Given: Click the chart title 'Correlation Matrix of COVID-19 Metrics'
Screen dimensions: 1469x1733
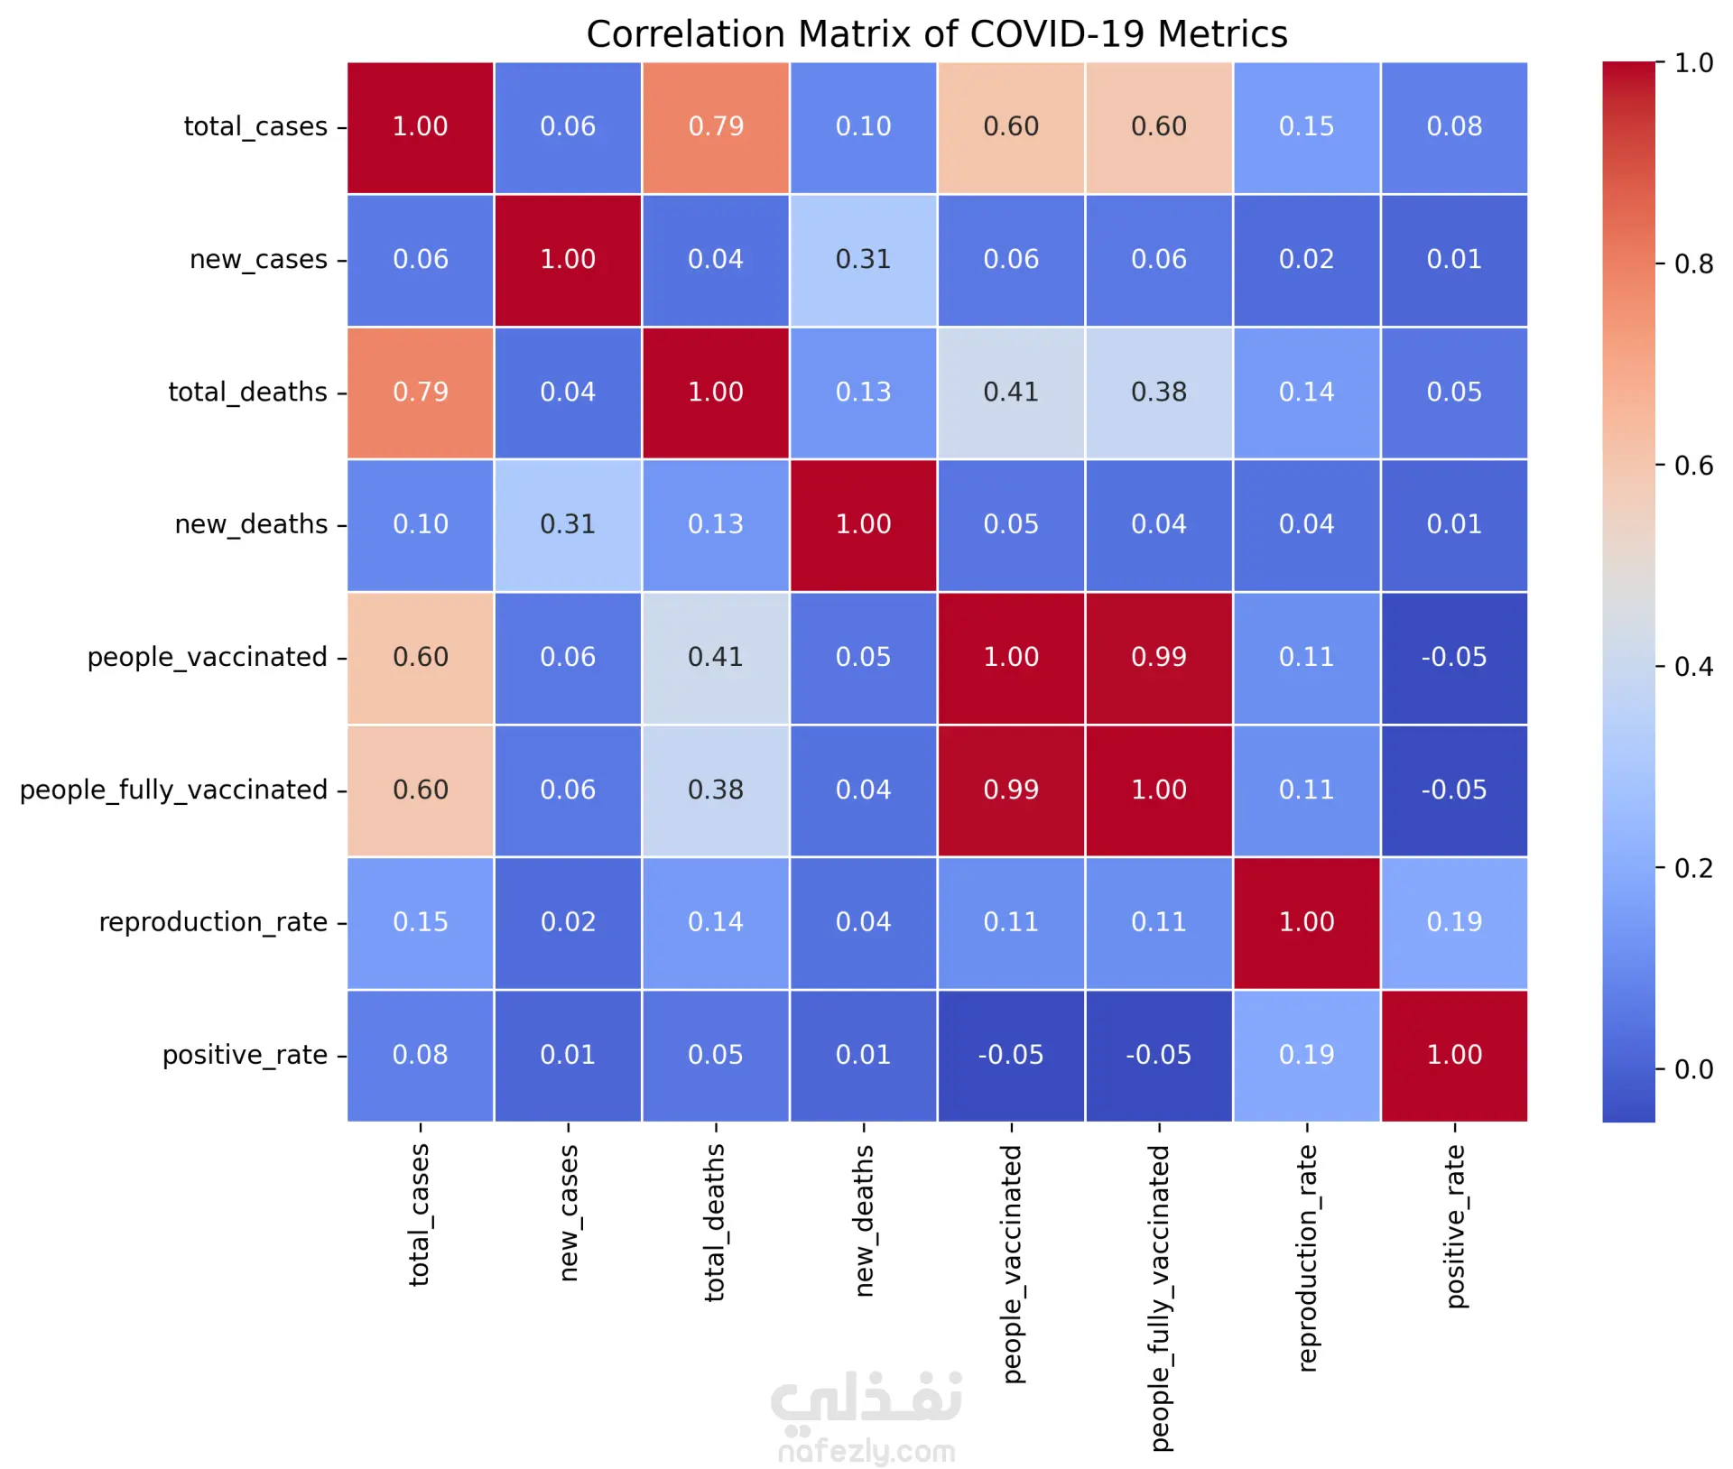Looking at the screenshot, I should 936,34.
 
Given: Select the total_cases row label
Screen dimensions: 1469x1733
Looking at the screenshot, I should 255,126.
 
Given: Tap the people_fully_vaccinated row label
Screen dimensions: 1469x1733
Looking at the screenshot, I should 173,790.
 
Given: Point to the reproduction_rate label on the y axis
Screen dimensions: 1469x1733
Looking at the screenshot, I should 213,922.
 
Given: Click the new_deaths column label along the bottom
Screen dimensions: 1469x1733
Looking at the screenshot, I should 864,1221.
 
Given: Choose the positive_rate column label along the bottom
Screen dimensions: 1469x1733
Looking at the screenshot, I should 1455,1226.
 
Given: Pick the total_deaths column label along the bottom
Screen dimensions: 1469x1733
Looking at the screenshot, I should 715,1223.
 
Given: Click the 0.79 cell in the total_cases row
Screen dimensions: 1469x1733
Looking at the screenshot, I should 716,126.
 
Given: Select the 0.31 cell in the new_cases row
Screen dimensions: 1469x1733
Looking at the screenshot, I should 864,259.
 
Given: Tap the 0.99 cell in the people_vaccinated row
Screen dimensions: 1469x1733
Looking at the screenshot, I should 1159,657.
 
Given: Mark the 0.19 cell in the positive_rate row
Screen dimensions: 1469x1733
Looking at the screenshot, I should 1307,1055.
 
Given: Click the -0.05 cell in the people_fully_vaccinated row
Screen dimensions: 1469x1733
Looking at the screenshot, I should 1454,790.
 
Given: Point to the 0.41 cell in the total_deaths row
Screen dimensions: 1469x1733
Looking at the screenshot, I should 1011,392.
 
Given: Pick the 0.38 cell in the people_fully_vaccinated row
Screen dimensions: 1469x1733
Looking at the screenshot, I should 716,790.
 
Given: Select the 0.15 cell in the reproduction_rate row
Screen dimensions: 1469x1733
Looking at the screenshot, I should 421,922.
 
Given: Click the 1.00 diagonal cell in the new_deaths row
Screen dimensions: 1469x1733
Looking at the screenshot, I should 864,524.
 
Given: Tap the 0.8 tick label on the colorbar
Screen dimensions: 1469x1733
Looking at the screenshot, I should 1693,263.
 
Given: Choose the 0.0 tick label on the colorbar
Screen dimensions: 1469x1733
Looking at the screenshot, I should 1693,1069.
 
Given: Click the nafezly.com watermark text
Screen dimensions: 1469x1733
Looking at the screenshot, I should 866,1451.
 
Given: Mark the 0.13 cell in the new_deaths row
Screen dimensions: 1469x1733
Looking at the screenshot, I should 716,524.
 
